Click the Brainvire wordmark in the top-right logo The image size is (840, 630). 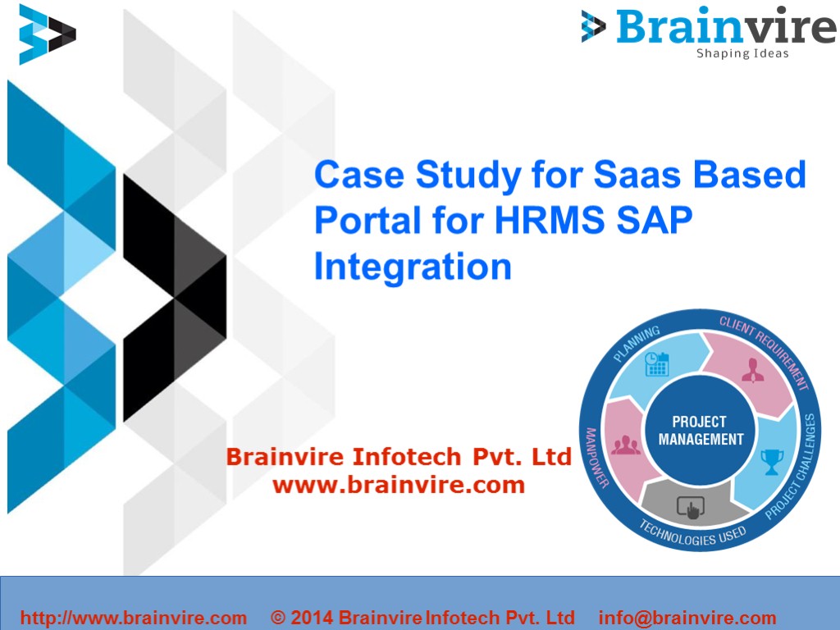[725, 26]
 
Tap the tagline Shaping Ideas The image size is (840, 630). [742, 54]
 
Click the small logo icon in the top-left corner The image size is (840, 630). [47, 34]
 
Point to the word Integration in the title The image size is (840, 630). [413, 267]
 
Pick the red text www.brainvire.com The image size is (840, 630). [398, 485]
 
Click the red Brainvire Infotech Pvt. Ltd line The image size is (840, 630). [398, 457]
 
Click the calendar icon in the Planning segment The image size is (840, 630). [657, 363]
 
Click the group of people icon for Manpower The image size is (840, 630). [626, 445]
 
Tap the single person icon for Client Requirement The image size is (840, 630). [752, 371]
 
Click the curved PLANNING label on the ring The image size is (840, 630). [637, 344]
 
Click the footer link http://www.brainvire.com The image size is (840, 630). [133, 618]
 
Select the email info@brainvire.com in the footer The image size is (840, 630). [687, 618]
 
